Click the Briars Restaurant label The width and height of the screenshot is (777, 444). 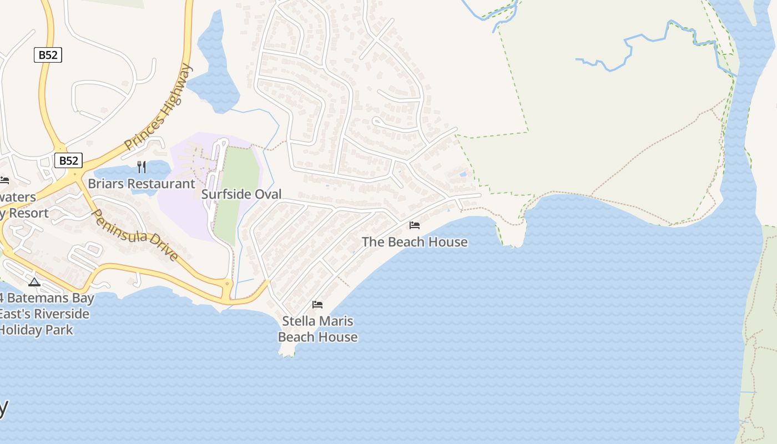pyautogui.click(x=142, y=184)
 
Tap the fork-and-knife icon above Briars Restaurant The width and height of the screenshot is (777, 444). pyautogui.click(x=142, y=167)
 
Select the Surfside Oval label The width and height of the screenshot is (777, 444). pyautogui.click(x=241, y=194)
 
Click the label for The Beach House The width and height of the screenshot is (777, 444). pyautogui.click(x=415, y=242)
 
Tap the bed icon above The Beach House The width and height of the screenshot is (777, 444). pyautogui.click(x=415, y=225)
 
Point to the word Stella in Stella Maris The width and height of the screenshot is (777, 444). pyautogui.click(x=300, y=321)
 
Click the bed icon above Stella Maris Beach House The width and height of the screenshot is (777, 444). pyautogui.click(x=317, y=304)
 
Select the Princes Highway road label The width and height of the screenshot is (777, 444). pyautogui.click(x=159, y=107)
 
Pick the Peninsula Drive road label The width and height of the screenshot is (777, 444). pyautogui.click(x=135, y=235)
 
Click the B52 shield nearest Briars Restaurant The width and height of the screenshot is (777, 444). pyautogui.click(x=69, y=161)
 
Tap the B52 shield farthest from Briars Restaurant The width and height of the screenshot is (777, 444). pyautogui.click(x=48, y=55)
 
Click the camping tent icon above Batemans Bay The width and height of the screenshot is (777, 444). pyautogui.click(x=34, y=282)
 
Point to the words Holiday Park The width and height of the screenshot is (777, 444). pyautogui.click(x=37, y=330)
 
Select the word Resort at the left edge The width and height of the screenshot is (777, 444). pyautogui.click(x=28, y=213)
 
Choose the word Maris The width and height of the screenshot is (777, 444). pyautogui.click(x=336, y=321)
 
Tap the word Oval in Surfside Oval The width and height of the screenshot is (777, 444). pyautogui.click(x=269, y=194)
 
